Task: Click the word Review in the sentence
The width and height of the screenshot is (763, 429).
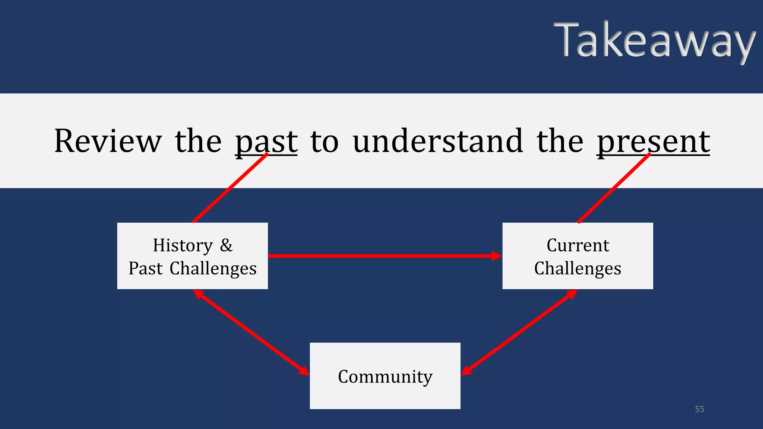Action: click(x=108, y=141)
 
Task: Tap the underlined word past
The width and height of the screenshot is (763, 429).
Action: click(x=266, y=142)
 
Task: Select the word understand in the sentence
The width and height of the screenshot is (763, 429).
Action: click(x=438, y=141)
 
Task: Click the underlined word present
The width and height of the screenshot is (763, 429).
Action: click(x=653, y=142)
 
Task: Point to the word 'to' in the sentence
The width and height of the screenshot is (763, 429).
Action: click(x=324, y=142)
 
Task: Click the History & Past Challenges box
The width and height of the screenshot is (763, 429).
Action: click(x=192, y=256)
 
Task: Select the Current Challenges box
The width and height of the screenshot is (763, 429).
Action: click(x=577, y=256)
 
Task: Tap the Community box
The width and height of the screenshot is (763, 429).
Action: click(x=385, y=376)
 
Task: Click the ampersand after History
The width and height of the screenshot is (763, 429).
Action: click(x=226, y=245)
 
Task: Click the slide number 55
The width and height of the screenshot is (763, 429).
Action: click(x=699, y=409)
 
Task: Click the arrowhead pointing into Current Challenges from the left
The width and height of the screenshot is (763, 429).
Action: click(x=497, y=256)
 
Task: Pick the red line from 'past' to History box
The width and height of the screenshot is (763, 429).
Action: click(x=230, y=188)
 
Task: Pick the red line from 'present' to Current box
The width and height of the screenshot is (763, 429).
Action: click(x=614, y=188)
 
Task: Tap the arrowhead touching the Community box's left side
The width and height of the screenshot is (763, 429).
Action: click(x=304, y=371)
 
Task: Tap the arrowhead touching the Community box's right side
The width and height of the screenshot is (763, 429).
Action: click(x=467, y=370)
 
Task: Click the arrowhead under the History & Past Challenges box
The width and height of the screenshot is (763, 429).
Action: click(x=199, y=294)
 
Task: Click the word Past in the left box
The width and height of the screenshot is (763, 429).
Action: click(x=146, y=268)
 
